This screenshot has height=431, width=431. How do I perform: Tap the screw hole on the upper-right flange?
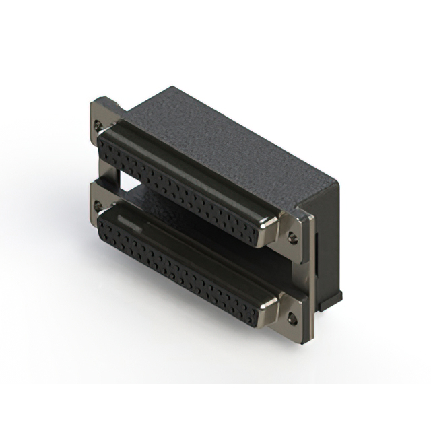[292, 236]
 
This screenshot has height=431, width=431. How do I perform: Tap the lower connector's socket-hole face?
[182, 269]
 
